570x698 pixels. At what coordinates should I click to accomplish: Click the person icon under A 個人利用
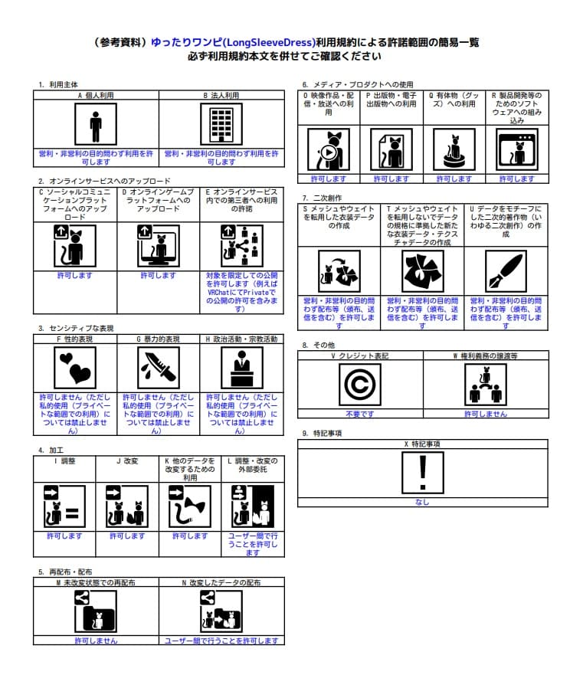coord(96,125)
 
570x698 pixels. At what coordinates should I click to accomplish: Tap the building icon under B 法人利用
coord(221,125)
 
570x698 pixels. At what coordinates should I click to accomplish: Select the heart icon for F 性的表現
coord(75,369)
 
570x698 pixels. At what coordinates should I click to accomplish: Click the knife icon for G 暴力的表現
coord(159,369)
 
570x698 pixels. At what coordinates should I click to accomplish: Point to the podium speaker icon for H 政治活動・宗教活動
coord(241,369)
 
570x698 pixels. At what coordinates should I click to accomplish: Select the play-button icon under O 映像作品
coord(329,150)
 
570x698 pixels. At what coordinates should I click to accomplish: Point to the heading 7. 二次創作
coord(322,198)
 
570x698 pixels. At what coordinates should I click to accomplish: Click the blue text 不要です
coord(359,414)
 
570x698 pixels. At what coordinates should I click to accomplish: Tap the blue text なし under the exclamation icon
coord(422,502)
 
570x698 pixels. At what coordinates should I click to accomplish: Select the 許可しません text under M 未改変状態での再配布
coord(96,640)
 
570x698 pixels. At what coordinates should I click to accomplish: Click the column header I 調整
coord(64,461)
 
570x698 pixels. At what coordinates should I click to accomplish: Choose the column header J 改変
coord(127,461)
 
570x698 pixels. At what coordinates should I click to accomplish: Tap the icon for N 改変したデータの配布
coord(221,611)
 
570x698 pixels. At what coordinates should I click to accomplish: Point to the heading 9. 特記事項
coord(322,433)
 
